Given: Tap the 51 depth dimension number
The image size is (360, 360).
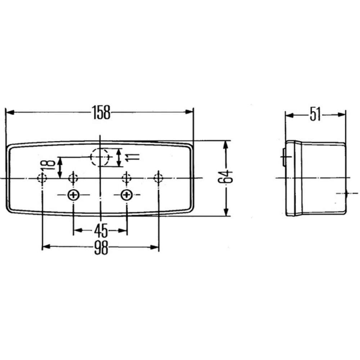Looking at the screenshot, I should [315, 115].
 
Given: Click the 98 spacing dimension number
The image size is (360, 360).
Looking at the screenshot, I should [101, 248].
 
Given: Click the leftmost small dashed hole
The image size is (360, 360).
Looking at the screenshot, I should [42, 178].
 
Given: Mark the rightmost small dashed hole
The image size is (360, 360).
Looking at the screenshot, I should [158, 177].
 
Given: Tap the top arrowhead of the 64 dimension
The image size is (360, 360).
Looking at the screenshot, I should [226, 144].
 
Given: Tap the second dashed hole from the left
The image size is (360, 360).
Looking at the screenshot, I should [73, 177].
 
